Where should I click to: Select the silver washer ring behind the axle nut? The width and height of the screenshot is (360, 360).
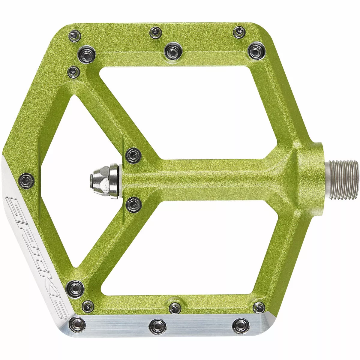(x=114, y=181)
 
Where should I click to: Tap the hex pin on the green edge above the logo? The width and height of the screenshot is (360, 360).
(x=27, y=181)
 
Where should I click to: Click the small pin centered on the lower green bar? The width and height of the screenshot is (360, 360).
(x=174, y=307)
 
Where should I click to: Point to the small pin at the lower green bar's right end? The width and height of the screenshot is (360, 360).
(x=259, y=307)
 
